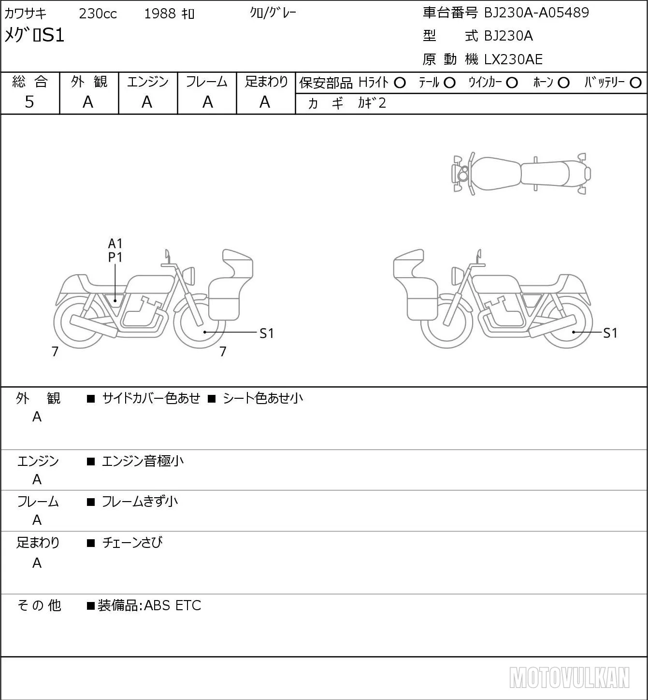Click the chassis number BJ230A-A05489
click(536, 13)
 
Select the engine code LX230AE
click(513, 59)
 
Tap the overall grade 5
click(29, 102)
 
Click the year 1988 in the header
click(160, 14)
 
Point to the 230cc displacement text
click(98, 14)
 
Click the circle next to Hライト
click(400, 83)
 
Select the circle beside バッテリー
click(635, 83)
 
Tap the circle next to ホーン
click(563, 83)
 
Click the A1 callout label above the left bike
click(115, 244)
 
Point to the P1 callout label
click(115, 258)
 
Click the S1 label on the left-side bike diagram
click(266, 334)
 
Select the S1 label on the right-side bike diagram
click(610, 333)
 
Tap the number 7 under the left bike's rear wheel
click(55, 351)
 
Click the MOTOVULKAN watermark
click(569, 678)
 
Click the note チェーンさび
click(132, 543)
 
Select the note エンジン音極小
click(143, 461)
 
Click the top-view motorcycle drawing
click(521, 173)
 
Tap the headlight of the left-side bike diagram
click(190, 276)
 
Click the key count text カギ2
click(372, 103)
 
